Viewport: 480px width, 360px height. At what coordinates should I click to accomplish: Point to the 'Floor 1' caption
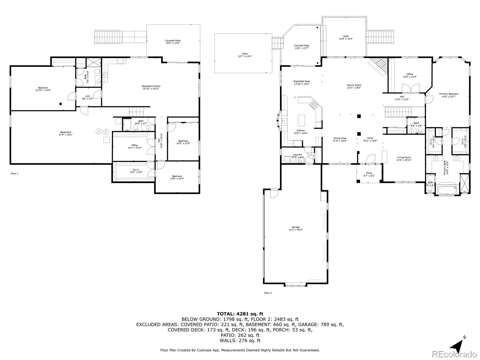click(14, 173)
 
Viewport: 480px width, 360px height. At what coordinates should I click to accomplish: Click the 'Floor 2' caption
click(268, 293)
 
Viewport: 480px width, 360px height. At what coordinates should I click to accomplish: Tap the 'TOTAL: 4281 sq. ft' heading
click(240, 314)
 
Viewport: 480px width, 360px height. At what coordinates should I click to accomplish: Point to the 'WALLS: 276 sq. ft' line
click(240, 340)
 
